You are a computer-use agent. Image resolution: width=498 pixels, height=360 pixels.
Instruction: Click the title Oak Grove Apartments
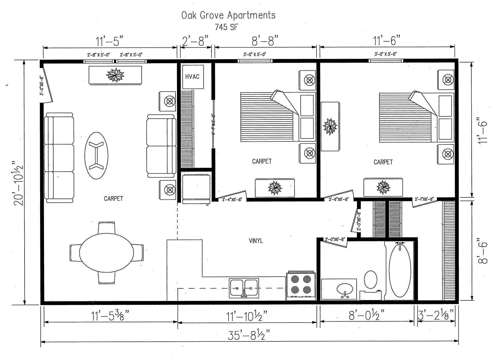point(228,15)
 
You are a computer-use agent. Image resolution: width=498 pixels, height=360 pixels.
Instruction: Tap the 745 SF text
point(226,27)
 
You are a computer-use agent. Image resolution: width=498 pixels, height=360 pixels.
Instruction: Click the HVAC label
point(192,77)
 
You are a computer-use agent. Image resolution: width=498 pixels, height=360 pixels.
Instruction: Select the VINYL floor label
point(256,240)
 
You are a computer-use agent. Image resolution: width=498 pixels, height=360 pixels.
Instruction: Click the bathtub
point(400,271)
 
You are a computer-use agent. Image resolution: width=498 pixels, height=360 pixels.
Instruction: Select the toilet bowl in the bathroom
point(370,279)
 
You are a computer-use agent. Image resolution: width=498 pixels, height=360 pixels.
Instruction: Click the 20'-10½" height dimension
point(19,183)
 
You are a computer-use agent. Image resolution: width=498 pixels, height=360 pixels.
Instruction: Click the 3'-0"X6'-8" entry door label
point(42,85)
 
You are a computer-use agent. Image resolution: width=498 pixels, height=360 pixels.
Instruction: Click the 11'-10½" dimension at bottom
point(246,315)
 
